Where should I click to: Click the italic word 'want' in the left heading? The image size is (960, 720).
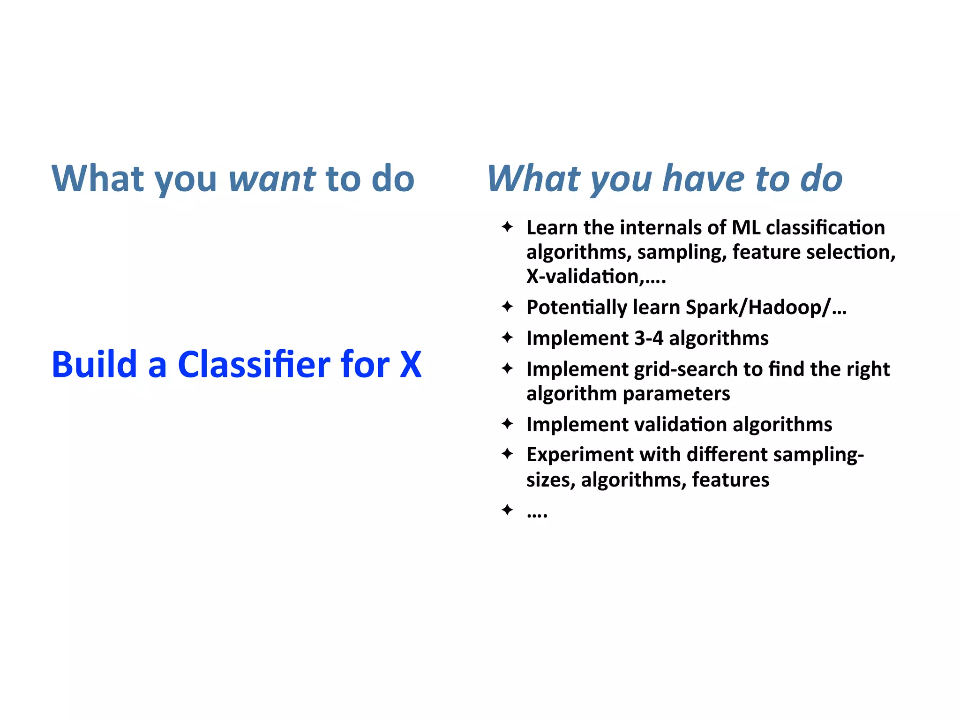[272, 179]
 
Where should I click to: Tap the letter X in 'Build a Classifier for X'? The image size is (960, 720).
[411, 365]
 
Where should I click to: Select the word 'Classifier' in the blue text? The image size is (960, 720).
[254, 365]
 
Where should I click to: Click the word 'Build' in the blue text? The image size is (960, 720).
[94, 365]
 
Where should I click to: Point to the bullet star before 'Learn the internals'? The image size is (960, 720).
[507, 227]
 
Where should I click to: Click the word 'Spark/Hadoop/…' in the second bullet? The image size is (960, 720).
[766, 307]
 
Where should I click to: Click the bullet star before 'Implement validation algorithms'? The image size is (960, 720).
[507, 424]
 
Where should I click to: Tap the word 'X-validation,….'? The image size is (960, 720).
[596, 277]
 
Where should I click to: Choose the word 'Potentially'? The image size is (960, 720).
[576, 307]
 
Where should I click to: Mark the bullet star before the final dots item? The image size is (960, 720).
[507, 510]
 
